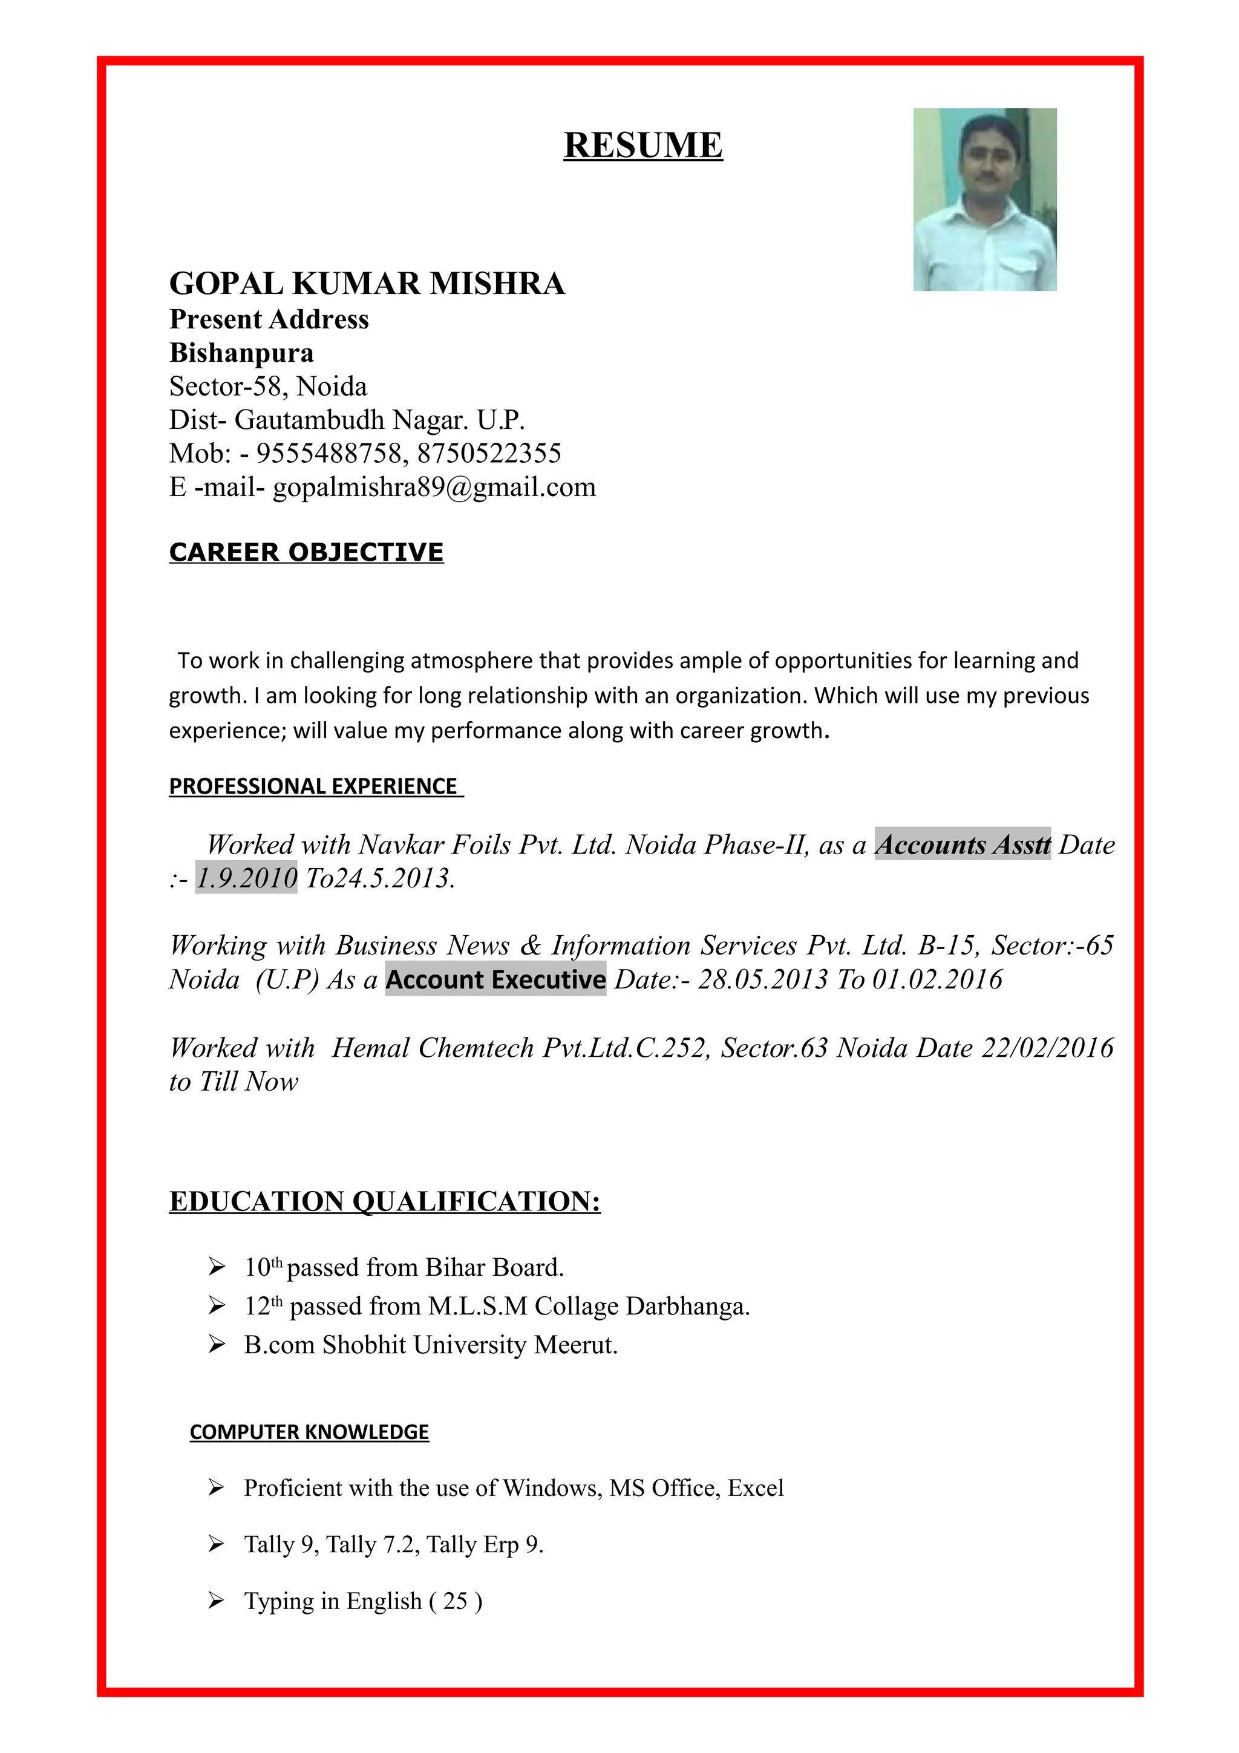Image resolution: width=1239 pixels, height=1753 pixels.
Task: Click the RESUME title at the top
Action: (x=642, y=145)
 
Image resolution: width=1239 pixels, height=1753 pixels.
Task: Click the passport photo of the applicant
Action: (x=984, y=199)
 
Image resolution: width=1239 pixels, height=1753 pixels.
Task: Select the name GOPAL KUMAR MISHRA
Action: (x=367, y=283)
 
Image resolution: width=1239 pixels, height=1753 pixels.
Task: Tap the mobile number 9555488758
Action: (x=329, y=454)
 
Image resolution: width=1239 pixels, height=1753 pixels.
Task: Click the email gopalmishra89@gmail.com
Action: (x=434, y=487)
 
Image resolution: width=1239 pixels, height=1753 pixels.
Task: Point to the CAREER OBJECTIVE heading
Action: (x=306, y=552)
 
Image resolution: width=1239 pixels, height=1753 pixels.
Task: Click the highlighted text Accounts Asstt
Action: (x=962, y=844)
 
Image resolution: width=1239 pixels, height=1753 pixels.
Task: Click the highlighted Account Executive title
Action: (x=495, y=979)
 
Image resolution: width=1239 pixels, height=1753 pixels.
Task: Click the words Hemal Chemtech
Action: (x=432, y=1048)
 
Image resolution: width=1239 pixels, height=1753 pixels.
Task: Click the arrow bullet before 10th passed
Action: (x=216, y=1267)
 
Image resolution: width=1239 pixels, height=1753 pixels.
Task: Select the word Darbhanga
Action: (x=687, y=1307)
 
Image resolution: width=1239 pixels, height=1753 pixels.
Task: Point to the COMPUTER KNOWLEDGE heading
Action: (x=309, y=1432)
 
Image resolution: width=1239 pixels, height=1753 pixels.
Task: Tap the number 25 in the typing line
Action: (x=455, y=1601)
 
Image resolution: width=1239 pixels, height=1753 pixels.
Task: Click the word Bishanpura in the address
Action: (x=241, y=353)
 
